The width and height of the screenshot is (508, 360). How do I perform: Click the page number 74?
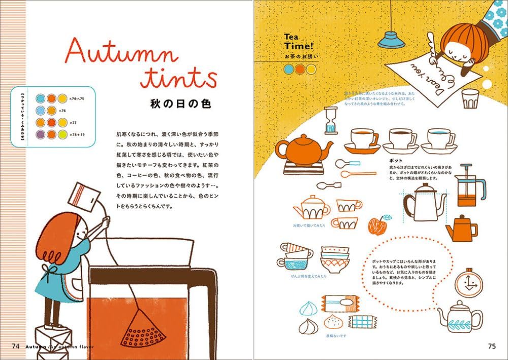click(x=15, y=346)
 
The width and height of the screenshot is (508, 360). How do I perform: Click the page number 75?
click(x=492, y=346)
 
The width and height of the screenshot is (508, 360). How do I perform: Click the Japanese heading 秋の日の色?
click(x=180, y=104)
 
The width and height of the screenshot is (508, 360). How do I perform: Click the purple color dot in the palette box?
click(x=40, y=134)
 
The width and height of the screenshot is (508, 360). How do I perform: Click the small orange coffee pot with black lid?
click(x=461, y=228)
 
